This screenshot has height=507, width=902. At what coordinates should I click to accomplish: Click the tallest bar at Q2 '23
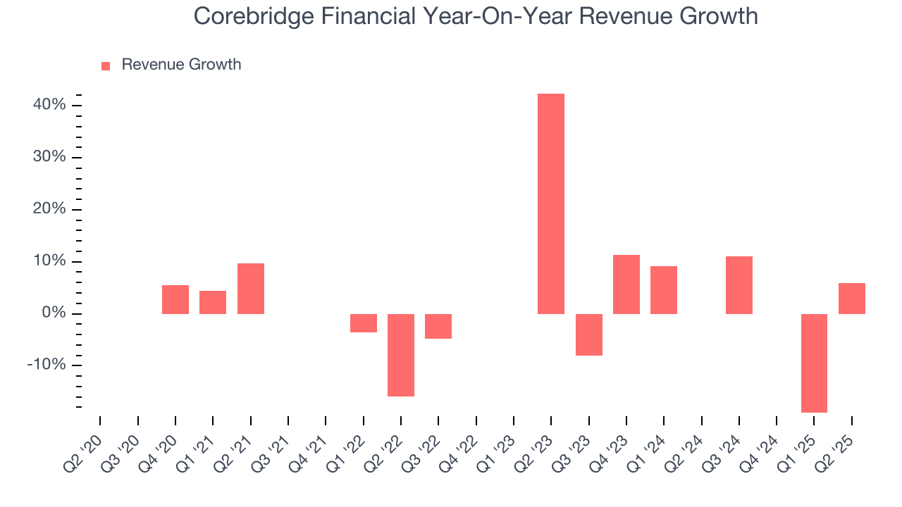(551, 204)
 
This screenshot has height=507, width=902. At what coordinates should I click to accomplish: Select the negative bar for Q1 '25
(814, 363)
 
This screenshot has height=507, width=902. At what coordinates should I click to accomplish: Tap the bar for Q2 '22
(401, 355)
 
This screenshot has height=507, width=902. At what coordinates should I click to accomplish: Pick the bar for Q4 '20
(175, 299)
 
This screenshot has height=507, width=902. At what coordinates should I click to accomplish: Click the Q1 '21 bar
(213, 302)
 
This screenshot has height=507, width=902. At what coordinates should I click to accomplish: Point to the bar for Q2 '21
(251, 289)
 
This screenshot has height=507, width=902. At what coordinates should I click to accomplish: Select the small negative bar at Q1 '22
(364, 323)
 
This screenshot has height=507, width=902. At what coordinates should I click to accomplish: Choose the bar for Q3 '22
(438, 326)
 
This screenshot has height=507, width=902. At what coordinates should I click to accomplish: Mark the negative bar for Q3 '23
(588, 334)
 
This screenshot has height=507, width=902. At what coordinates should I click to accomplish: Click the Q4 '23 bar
(626, 284)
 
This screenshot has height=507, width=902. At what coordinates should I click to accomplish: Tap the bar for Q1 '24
(664, 290)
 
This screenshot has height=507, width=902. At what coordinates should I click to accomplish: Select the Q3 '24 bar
(739, 285)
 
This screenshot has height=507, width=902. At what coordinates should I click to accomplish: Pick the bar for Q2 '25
(852, 299)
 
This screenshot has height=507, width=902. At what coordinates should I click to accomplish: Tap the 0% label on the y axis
(54, 313)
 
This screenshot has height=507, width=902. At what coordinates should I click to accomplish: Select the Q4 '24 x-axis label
(759, 448)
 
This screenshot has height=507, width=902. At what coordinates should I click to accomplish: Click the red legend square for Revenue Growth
(106, 65)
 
